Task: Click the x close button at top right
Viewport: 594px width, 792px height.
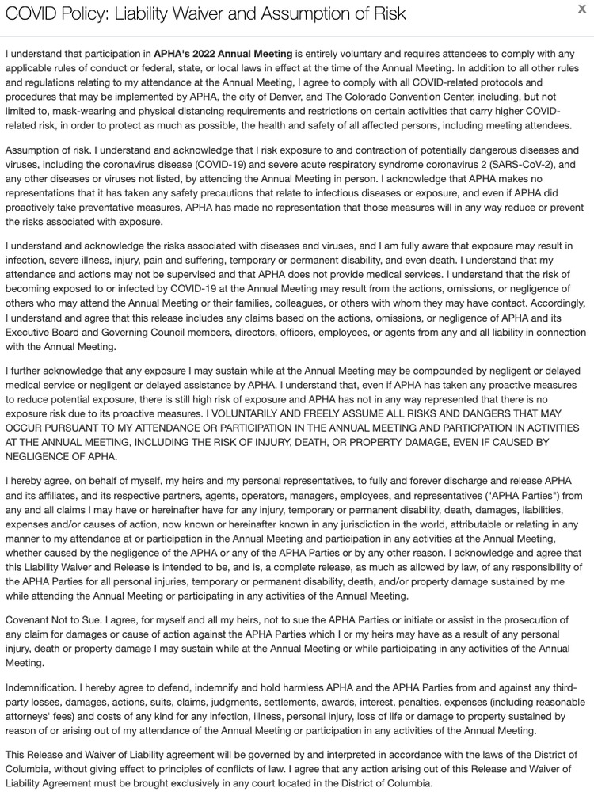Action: pyautogui.click(x=583, y=9)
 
